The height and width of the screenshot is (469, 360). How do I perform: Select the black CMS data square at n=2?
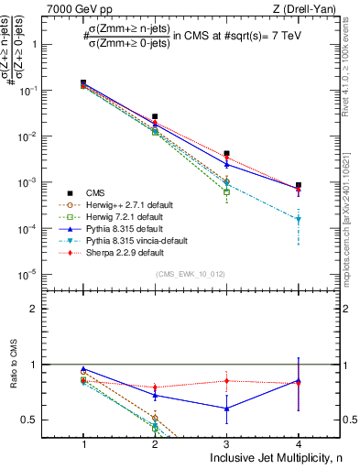(155, 117)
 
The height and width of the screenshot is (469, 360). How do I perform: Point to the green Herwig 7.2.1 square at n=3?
(226, 192)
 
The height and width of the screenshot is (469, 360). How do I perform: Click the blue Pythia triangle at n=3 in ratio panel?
(226, 409)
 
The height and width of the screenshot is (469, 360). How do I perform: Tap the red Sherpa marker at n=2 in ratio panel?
(155, 387)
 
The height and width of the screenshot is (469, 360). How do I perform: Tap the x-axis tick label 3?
(226, 443)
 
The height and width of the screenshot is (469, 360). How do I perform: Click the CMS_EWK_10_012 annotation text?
(191, 274)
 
